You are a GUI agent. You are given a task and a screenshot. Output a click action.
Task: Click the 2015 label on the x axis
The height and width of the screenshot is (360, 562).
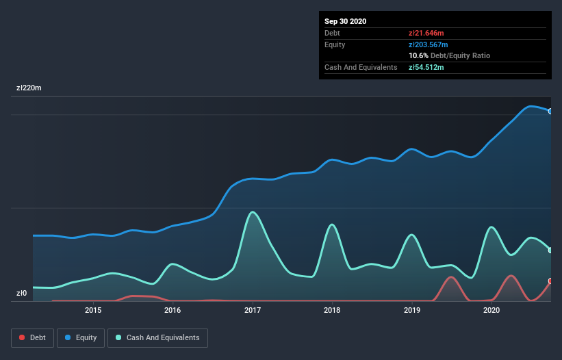(x=93, y=310)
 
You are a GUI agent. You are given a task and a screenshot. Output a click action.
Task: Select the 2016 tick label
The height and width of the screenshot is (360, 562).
(x=173, y=310)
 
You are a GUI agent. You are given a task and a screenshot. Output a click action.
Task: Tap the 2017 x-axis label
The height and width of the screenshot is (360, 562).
(x=253, y=310)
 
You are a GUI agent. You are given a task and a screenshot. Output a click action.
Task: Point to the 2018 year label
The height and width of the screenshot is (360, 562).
(x=332, y=310)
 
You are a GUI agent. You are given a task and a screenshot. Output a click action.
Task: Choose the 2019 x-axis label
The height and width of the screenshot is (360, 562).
(x=412, y=310)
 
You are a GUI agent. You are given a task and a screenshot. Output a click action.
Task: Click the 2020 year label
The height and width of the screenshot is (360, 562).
(x=491, y=310)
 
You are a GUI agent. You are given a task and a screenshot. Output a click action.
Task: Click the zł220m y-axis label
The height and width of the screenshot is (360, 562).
(x=29, y=88)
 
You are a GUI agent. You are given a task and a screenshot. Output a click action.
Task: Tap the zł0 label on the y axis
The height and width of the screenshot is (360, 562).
(x=21, y=294)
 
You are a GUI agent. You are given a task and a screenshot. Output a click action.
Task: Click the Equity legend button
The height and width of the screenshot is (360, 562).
(x=81, y=337)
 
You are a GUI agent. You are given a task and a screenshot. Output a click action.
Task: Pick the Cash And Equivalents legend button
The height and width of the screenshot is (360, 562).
(x=157, y=337)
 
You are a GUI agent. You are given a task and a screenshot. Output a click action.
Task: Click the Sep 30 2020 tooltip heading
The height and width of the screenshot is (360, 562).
(x=346, y=21)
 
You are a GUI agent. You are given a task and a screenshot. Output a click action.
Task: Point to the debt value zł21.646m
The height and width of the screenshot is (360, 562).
(x=426, y=33)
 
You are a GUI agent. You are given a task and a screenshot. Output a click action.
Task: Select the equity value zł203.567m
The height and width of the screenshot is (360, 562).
(x=429, y=44)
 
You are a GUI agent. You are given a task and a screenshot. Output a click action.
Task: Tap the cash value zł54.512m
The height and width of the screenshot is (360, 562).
(x=426, y=67)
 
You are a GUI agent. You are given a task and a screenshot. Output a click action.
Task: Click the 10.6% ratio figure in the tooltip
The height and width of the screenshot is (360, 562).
(x=419, y=55)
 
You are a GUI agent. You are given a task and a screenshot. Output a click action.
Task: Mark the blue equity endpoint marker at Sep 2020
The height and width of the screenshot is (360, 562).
(x=550, y=111)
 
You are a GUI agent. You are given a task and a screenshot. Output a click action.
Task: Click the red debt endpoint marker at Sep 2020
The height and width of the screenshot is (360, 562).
(x=550, y=281)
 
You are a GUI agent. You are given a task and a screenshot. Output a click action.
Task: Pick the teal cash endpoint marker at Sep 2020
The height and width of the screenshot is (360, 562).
(x=550, y=250)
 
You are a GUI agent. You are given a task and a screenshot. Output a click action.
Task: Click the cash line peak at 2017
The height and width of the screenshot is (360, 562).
(x=253, y=211)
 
